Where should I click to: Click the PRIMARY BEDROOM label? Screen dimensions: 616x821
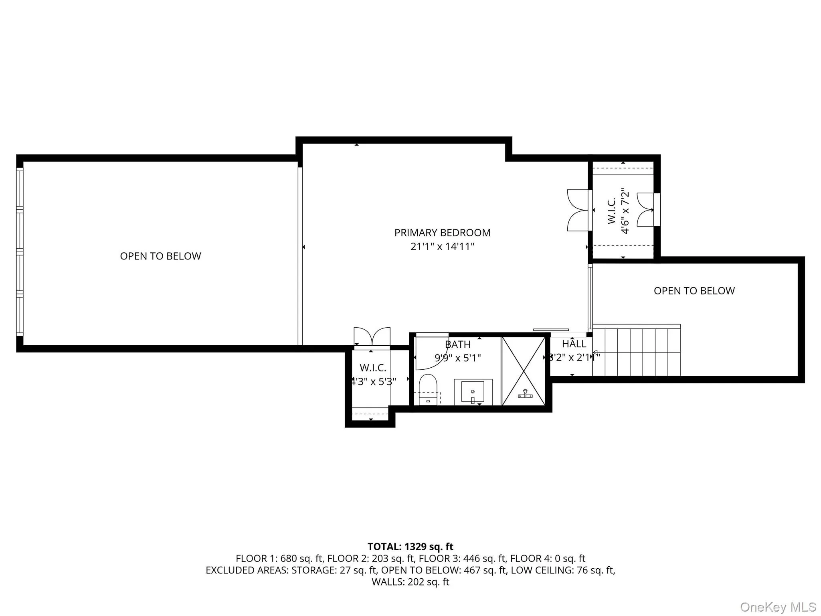(442, 233)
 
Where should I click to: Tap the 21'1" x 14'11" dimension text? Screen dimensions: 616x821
(442, 246)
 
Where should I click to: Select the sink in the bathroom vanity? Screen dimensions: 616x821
(473, 392)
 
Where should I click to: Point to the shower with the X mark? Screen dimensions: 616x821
(524, 371)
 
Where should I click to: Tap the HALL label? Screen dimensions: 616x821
(574, 344)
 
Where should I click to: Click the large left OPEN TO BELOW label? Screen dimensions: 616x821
(160, 256)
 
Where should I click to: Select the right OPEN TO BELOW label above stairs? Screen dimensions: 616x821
(694, 291)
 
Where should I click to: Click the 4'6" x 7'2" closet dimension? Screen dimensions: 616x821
(625, 213)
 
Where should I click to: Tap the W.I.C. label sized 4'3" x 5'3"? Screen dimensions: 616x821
(373, 368)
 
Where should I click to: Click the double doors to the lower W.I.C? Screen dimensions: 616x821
(372, 336)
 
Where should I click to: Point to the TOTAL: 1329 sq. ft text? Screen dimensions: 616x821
(410, 547)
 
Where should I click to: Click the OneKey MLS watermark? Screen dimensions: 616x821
(778, 607)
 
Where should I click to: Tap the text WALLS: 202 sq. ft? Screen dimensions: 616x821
(410, 582)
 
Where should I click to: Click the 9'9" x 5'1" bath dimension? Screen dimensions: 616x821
(457, 358)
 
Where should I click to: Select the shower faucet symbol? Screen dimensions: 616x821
(525, 395)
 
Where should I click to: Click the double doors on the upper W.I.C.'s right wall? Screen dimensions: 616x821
(645, 210)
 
